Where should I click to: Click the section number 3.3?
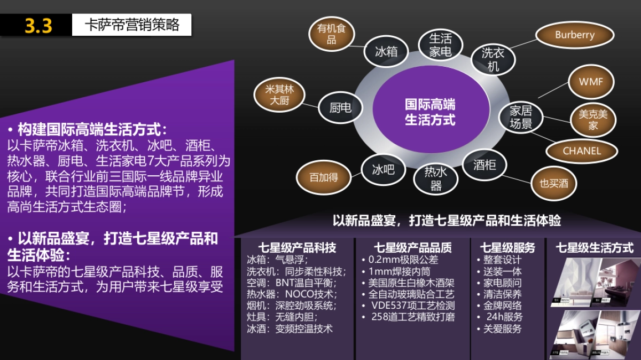point(38,26)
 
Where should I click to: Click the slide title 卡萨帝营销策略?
point(132,25)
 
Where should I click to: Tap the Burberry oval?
point(574,35)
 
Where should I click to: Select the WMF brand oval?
point(590,82)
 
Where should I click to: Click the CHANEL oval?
point(582,151)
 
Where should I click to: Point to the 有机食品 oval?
point(332,34)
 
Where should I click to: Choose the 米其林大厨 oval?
point(279,95)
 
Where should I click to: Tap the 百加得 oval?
point(324,177)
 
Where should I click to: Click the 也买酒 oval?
point(553,184)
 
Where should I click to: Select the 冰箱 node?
point(386,52)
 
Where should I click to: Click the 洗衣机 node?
point(493,59)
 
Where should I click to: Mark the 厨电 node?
point(340,108)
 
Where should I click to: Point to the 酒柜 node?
point(484,165)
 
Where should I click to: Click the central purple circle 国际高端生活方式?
point(430,112)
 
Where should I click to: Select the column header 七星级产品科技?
point(297,248)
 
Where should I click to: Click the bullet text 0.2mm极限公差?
point(403,260)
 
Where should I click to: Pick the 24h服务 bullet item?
point(504,317)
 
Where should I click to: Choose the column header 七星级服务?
point(507,248)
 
